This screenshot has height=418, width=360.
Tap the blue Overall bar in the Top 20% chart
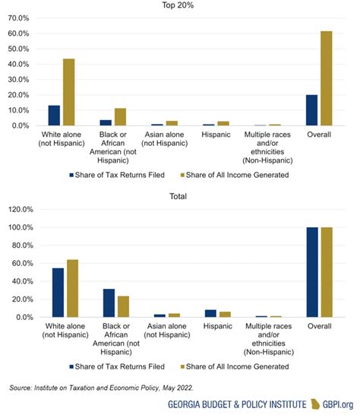pos(311,110)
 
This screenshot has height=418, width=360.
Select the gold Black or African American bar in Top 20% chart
pos(120,117)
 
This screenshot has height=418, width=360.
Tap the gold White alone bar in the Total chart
pos(72,289)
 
